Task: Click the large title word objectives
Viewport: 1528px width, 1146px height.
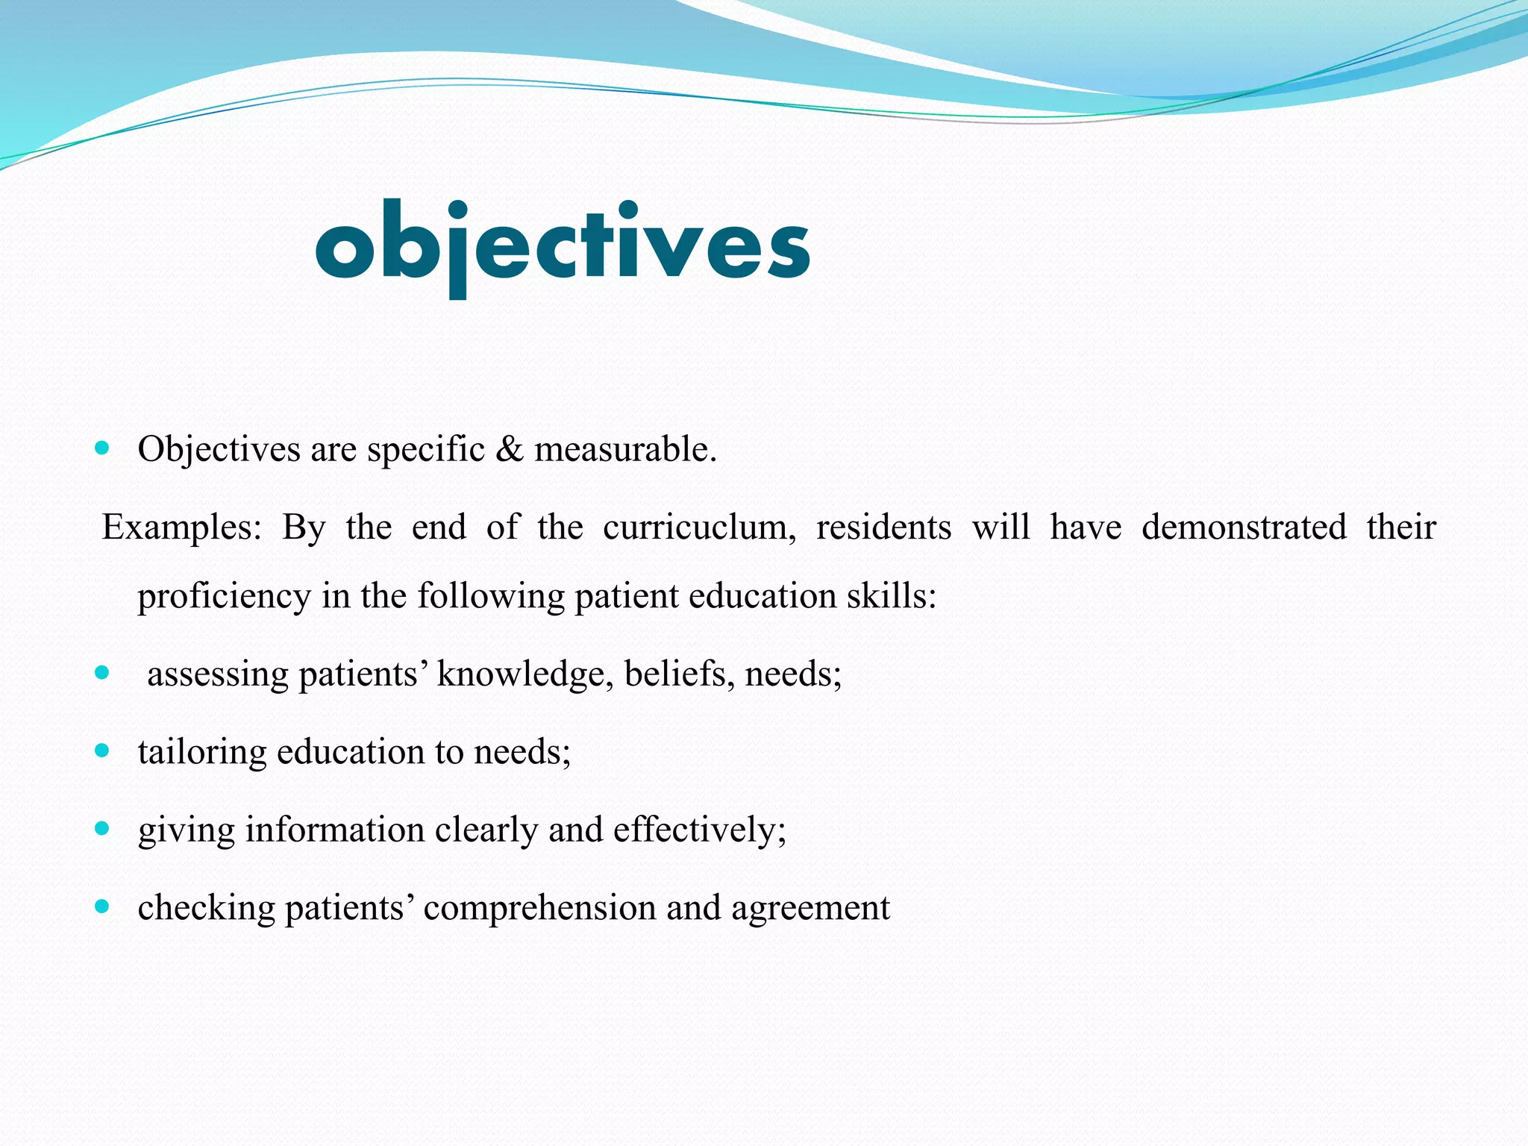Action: [x=563, y=246]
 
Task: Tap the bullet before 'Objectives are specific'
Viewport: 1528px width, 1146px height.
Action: [x=103, y=448]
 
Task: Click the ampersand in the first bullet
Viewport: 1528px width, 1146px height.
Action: [x=509, y=449]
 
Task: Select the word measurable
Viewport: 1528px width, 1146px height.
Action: [x=624, y=449]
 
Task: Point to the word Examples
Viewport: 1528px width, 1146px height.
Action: [x=181, y=527]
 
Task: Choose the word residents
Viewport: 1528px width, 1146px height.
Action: [x=883, y=527]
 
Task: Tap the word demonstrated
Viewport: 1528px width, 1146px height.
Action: [x=1244, y=527]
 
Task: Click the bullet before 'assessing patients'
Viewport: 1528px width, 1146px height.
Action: [x=103, y=673]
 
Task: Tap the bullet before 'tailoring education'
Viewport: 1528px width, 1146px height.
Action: [x=103, y=751]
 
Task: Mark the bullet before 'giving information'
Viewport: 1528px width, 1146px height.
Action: [x=103, y=828]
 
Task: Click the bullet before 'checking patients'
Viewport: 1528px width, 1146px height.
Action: [x=103, y=907]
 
